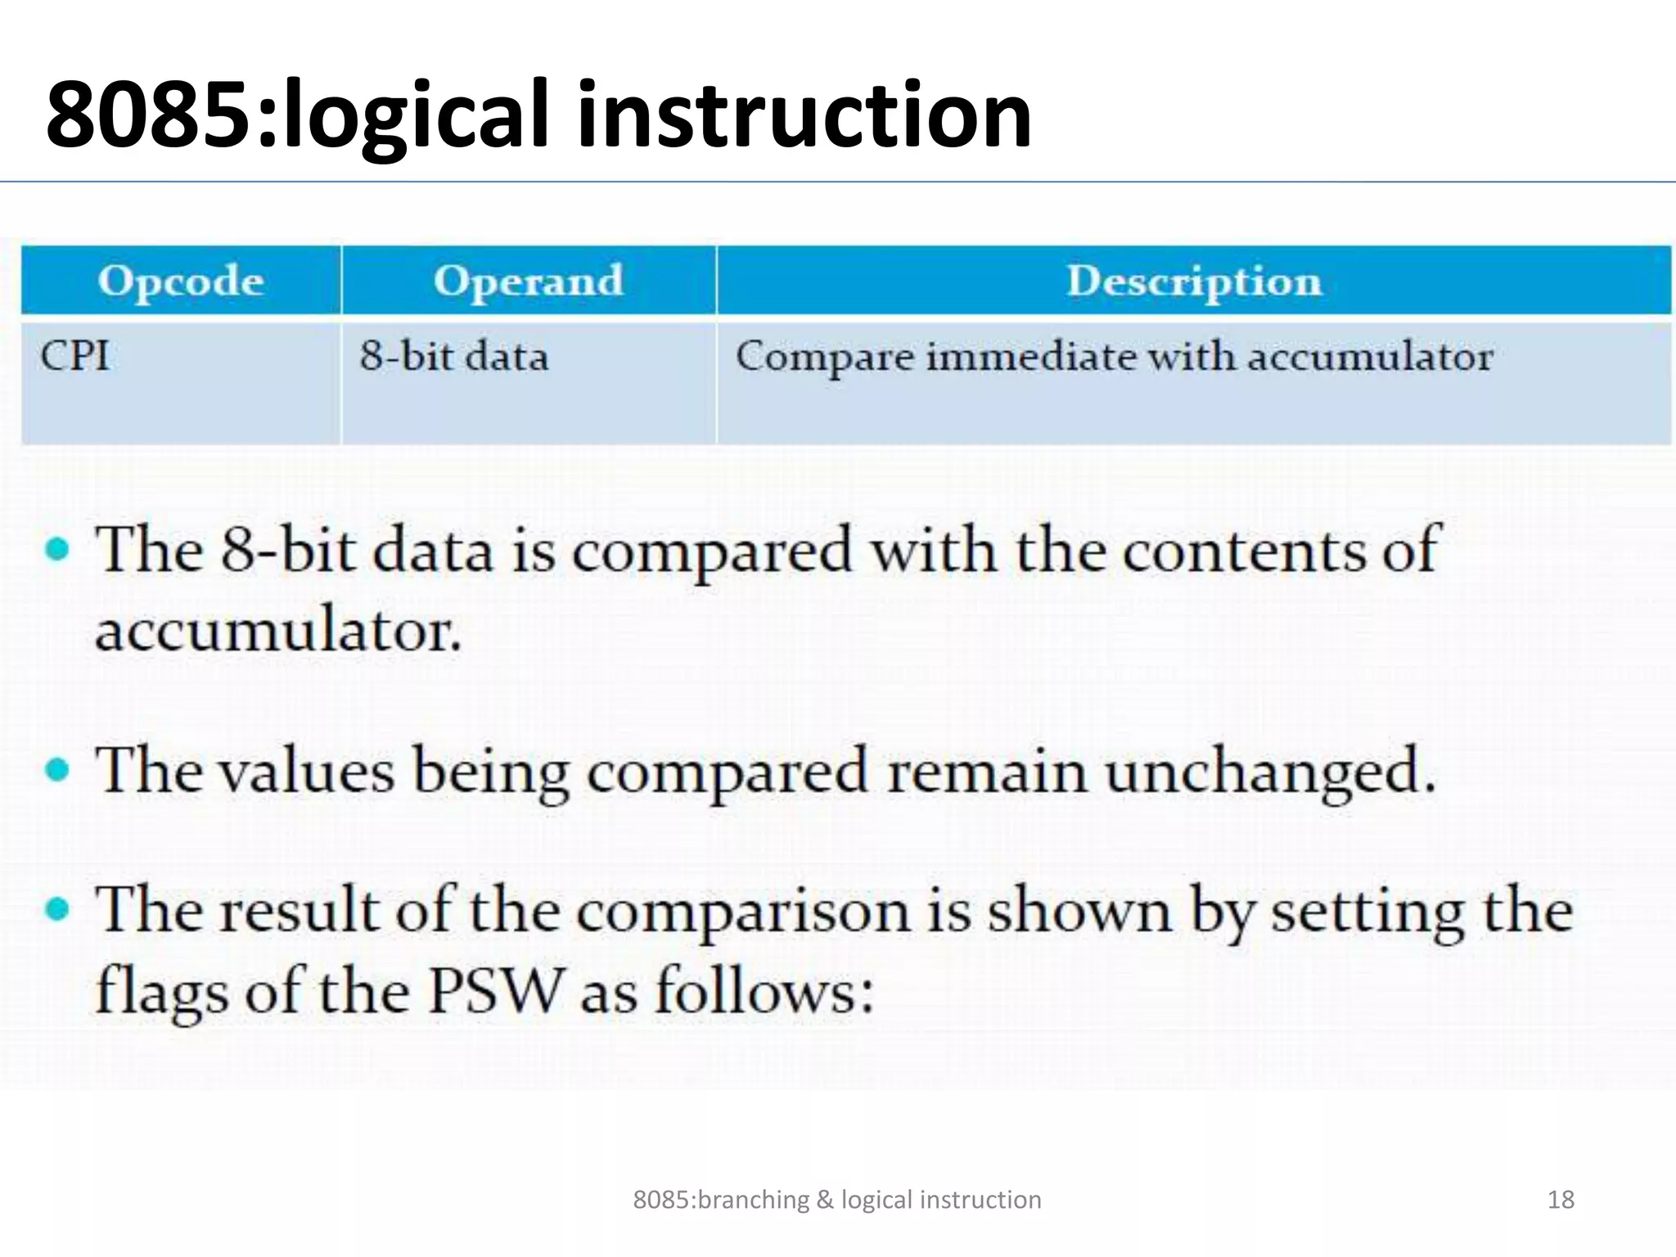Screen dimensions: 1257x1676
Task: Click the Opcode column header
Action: tap(181, 281)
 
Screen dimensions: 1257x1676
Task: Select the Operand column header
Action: tap(528, 281)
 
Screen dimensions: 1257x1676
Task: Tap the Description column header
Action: tap(1193, 281)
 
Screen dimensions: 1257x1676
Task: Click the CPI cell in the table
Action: tap(74, 357)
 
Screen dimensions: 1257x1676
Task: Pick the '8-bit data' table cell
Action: tap(453, 357)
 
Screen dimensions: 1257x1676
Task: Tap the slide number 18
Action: tap(1561, 1200)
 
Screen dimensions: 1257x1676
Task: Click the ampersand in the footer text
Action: tap(825, 1200)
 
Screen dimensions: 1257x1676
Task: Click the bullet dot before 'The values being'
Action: tap(57, 769)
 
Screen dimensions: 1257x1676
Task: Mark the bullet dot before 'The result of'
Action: tap(57, 908)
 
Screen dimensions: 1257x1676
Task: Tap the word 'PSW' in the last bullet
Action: tap(496, 990)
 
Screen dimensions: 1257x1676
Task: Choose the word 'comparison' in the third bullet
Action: tap(743, 912)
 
